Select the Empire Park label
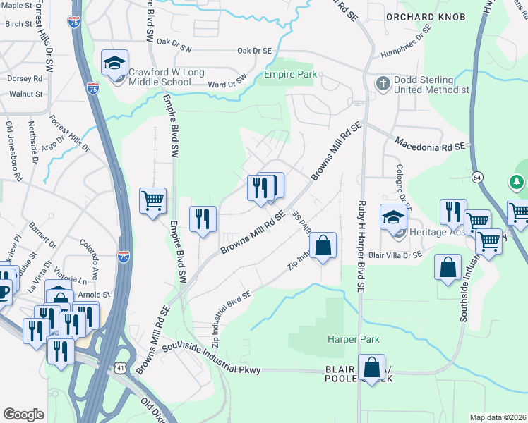(289, 73)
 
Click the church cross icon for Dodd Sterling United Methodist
(383, 84)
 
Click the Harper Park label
(349, 339)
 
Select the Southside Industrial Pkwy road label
(211, 358)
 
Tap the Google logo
(23, 415)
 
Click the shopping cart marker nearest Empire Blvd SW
(152, 202)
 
